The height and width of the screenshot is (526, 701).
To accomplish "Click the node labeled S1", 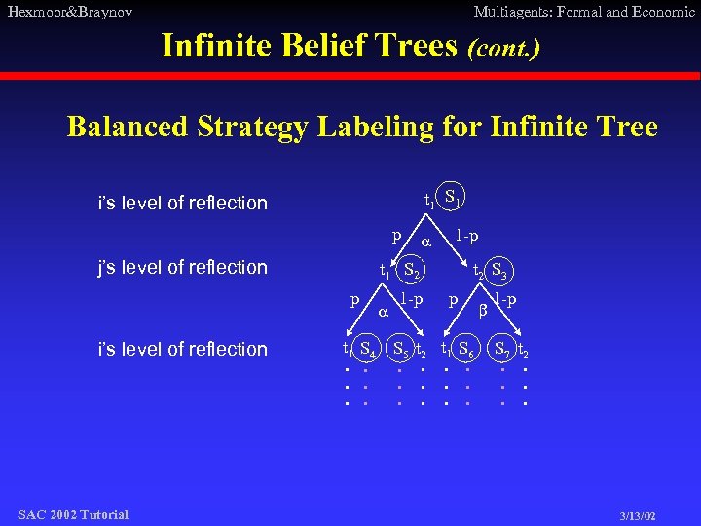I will pos(451,197).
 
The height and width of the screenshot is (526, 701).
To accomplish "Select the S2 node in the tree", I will pos(413,270).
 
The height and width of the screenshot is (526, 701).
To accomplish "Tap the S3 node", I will pos(501,270).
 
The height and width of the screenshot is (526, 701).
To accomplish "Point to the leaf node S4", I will pos(368,347).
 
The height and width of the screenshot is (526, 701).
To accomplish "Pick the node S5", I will pos(400,347).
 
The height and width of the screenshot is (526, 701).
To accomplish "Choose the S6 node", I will pos(465,347).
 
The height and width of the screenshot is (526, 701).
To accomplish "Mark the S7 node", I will pos(502,347).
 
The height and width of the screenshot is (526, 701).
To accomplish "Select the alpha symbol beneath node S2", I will pos(383,315).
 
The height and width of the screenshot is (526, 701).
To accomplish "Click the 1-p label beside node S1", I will pos(467,236).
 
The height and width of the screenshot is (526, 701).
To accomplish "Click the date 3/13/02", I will pos(638,514).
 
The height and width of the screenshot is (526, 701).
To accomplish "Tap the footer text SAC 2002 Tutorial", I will pos(73,514).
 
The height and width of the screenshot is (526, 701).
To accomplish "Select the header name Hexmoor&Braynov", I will pos(69,12).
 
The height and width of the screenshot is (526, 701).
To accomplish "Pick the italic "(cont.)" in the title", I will pos(503,46).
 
